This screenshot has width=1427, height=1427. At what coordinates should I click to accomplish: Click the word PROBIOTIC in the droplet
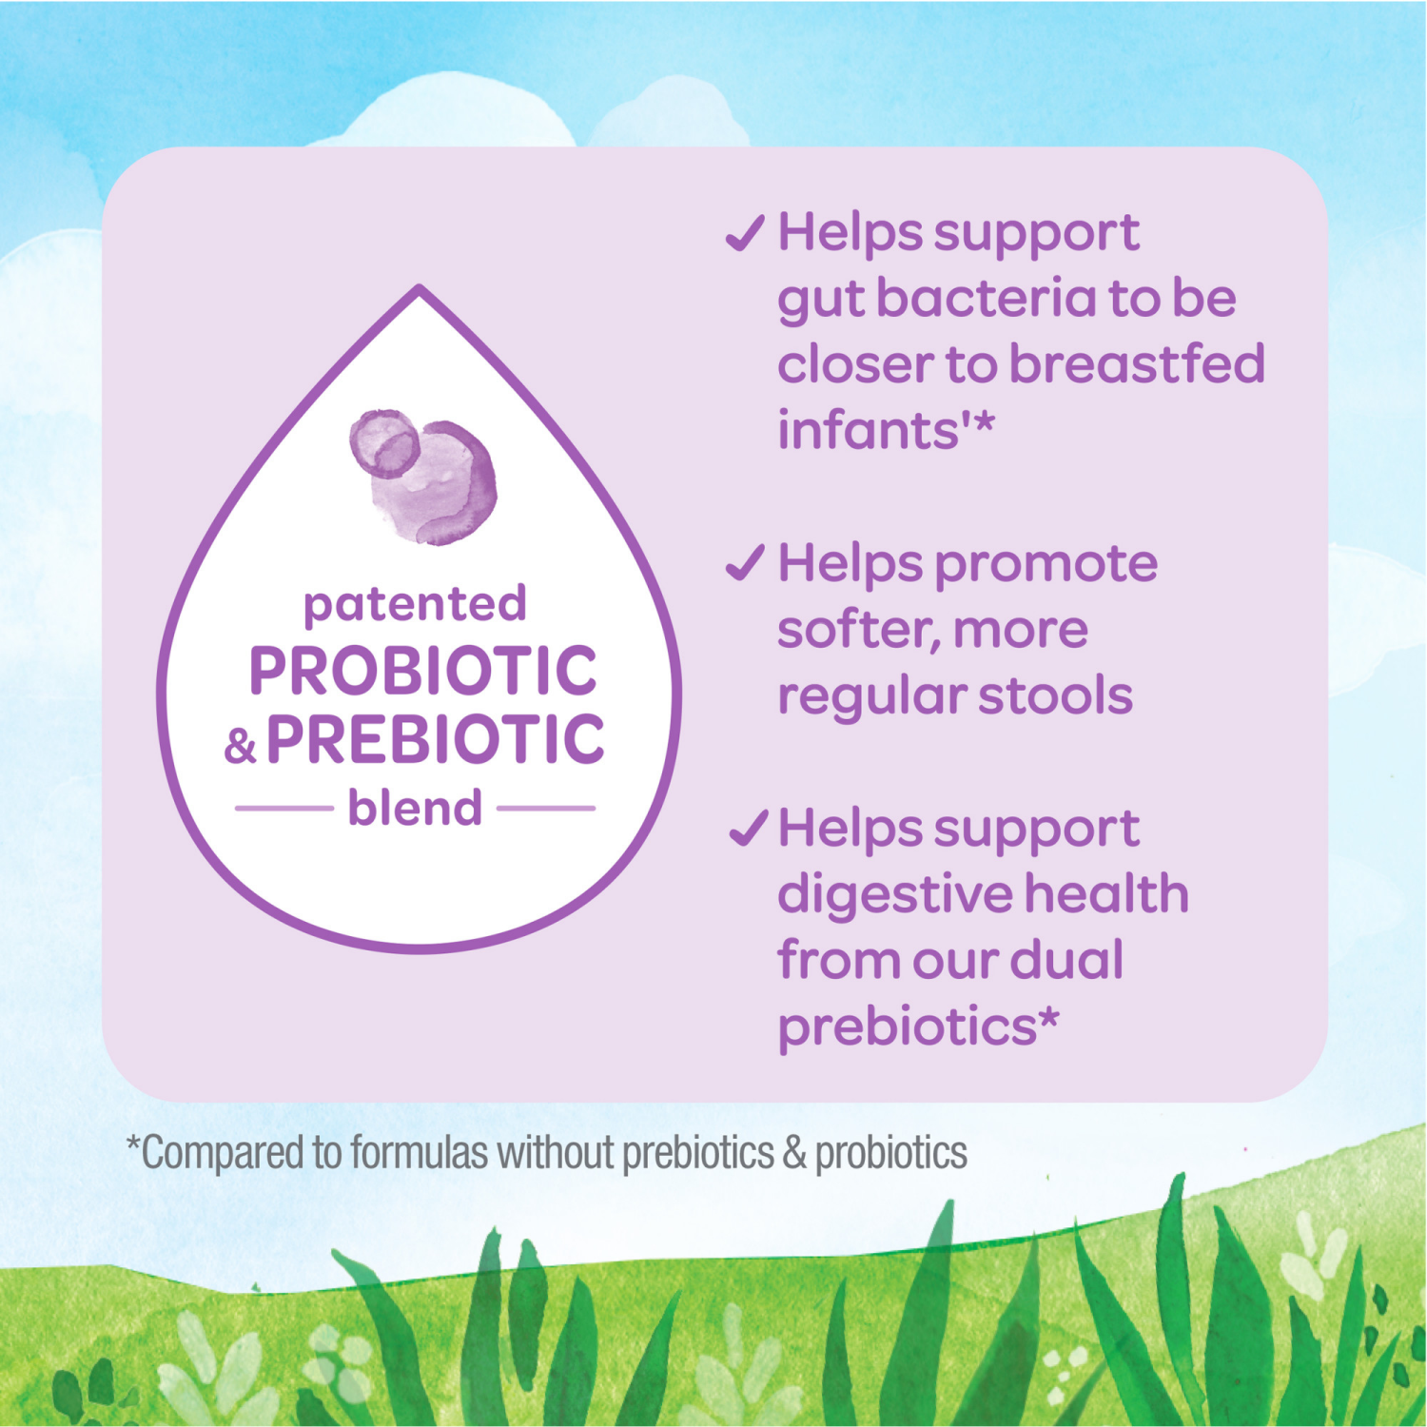pyautogui.click(x=422, y=671)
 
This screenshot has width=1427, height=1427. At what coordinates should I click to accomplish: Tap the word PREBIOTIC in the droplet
pyautogui.click(x=435, y=739)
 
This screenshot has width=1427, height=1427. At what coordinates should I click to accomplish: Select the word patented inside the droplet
pyautogui.click(x=415, y=604)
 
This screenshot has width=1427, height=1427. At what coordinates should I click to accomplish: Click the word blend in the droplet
pyautogui.click(x=415, y=809)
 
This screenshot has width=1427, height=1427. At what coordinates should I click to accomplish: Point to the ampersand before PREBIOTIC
pyautogui.click(x=241, y=745)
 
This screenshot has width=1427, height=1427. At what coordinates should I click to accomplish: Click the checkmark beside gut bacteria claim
pyautogui.click(x=745, y=233)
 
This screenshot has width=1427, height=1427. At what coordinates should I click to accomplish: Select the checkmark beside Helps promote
pyautogui.click(x=745, y=563)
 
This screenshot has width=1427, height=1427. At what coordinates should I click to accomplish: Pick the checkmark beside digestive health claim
pyautogui.click(x=748, y=828)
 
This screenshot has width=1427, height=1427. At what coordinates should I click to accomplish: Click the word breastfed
pyautogui.click(x=1136, y=364)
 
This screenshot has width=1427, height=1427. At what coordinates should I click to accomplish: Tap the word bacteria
pyautogui.click(x=985, y=299)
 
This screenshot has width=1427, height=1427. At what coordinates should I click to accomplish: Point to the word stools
pyautogui.click(x=1055, y=695)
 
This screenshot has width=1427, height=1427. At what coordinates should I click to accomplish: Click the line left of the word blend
pyautogui.click(x=283, y=809)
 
